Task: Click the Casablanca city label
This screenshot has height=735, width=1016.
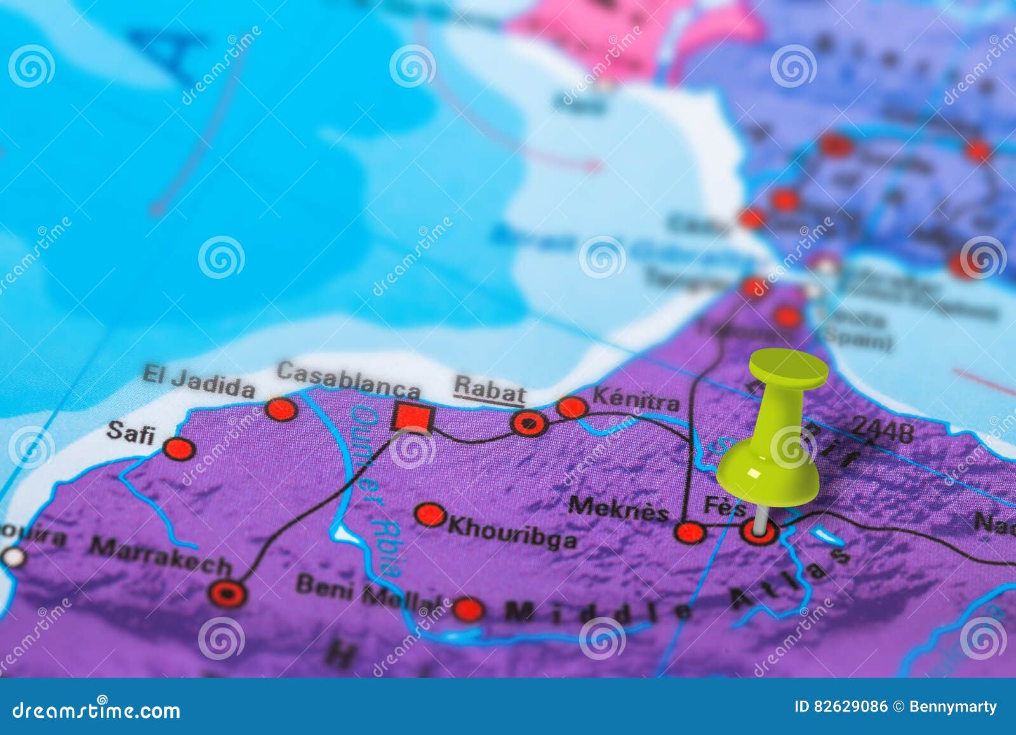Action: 348,379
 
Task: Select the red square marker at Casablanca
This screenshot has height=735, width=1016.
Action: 412,417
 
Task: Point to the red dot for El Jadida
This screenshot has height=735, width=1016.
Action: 281,409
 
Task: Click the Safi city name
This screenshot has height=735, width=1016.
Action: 131,433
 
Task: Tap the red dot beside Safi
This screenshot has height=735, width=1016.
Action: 178,448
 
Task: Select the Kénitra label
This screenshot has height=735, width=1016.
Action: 636,400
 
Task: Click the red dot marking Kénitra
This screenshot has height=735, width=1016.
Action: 571,408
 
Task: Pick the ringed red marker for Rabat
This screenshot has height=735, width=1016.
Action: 529,422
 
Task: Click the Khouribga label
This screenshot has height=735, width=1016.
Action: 512,532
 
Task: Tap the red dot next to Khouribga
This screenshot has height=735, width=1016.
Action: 430,515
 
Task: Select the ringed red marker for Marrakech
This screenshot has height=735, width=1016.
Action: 227,593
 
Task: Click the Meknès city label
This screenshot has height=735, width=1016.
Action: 618,508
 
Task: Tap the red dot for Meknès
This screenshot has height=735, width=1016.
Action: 690,532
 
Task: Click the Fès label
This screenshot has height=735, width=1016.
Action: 725,506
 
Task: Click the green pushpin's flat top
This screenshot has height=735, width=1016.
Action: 789,368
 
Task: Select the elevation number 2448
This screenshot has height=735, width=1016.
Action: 883,431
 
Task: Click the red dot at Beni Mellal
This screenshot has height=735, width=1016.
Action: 468,609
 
